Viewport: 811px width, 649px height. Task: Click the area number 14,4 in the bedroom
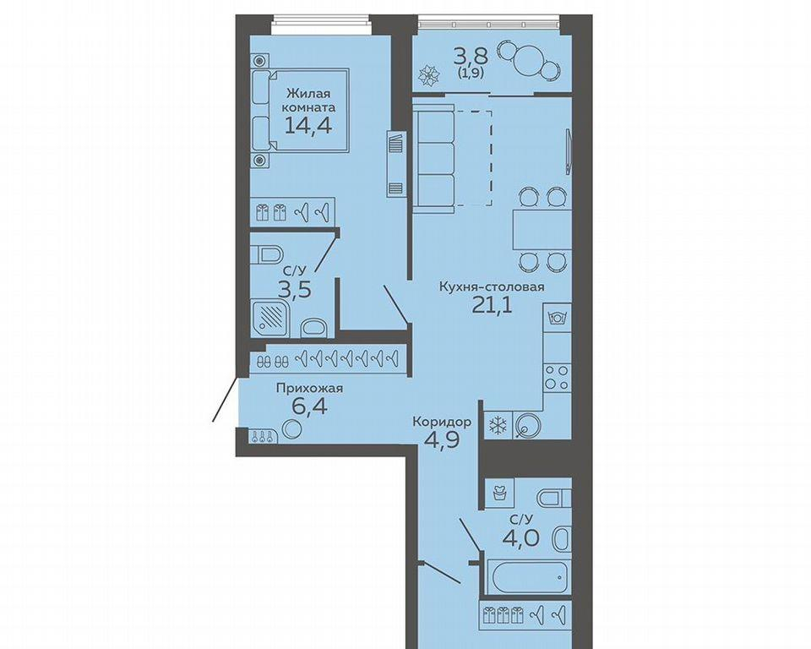point(308,125)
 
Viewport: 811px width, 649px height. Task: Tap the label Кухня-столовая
point(492,286)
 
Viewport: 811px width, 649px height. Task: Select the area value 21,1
point(492,305)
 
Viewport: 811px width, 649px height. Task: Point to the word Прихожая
point(309,388)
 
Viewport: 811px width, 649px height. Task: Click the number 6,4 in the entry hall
point(309,406)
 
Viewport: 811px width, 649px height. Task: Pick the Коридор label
point(442,423)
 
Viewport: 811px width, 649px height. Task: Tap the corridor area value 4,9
point(442,441)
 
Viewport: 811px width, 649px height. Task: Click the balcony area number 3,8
point(471,55)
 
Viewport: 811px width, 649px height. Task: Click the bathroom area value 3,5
point(294,290)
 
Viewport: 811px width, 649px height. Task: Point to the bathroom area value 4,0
point(521,537)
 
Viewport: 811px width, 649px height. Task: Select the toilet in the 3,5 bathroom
point(267,254)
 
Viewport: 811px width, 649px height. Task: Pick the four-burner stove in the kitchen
point(557,377)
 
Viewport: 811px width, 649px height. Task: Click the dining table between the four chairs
point(542,229)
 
